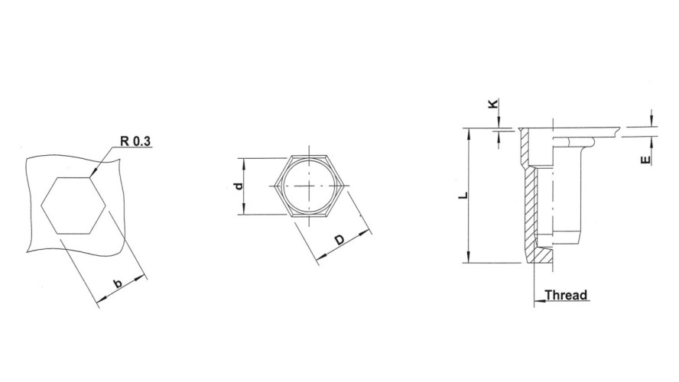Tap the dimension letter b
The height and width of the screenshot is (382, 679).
(118, 284)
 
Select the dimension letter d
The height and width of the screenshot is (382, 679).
(239, 186)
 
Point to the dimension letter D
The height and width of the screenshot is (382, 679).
(339, 241)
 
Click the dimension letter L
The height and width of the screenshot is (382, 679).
(461, 196)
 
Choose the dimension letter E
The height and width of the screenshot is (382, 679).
(646, 159)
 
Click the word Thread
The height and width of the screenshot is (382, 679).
(565, 295)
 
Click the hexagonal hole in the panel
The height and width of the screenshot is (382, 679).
(73, 205)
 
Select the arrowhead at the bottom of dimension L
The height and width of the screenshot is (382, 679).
(467, 260)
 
